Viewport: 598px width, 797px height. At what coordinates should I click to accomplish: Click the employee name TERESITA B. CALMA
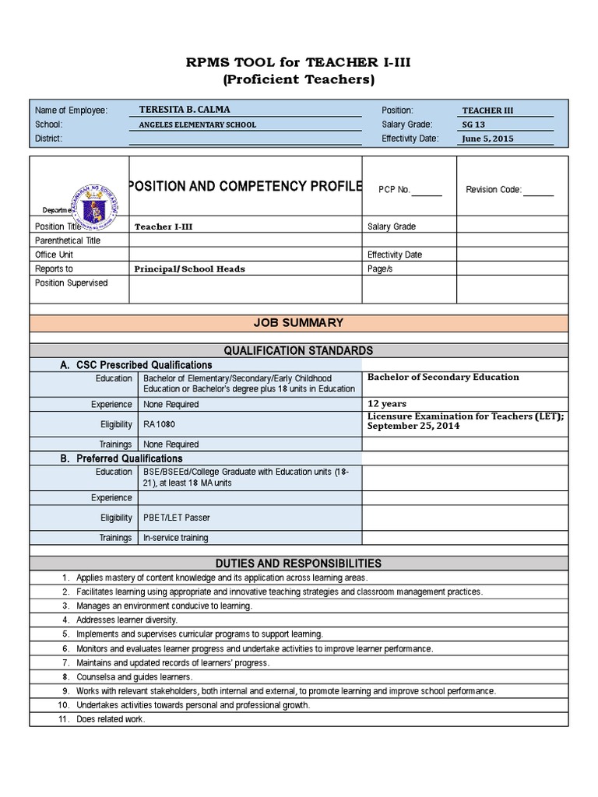pyautogui.click(x=184, y=110)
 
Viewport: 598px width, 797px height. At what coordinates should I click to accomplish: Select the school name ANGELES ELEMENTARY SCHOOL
pyautogui.click(x=197, y=125)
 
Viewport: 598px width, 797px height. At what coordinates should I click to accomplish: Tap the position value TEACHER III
pyautogui.click(x=488, y=111)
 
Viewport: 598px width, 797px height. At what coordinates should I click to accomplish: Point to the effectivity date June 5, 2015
pyautogui.click(x=487, y=139)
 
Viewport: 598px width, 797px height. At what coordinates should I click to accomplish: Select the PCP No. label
pyautogui.click(x=394, y=189)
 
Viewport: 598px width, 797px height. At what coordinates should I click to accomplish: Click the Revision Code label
pyautogui.click(x=494, y=189)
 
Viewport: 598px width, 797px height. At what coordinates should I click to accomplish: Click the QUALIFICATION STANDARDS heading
pyautogui.click(x=298, y=350)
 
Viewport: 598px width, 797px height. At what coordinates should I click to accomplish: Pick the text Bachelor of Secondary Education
pyautogui.click(x=443, y=377)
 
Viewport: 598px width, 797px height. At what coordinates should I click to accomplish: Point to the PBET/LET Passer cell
pyautogui.click(x=177, y=518)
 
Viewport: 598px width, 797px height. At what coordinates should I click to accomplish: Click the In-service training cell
pyautogui.click(x=176, y=538)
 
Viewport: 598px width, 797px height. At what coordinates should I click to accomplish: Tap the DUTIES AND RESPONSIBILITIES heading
pyautogui.click(x=298, y=563)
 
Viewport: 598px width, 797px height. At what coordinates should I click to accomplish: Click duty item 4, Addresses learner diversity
pyautogui.click(x=127, y=620)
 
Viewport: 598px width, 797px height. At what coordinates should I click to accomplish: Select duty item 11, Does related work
pyautogui.click(x=111, y=719)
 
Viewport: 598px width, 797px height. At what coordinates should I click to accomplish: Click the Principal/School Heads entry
pyautogui.click(x=190, y=269)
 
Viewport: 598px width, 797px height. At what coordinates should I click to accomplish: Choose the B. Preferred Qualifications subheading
pyautogui.click(x=121, y=458)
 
